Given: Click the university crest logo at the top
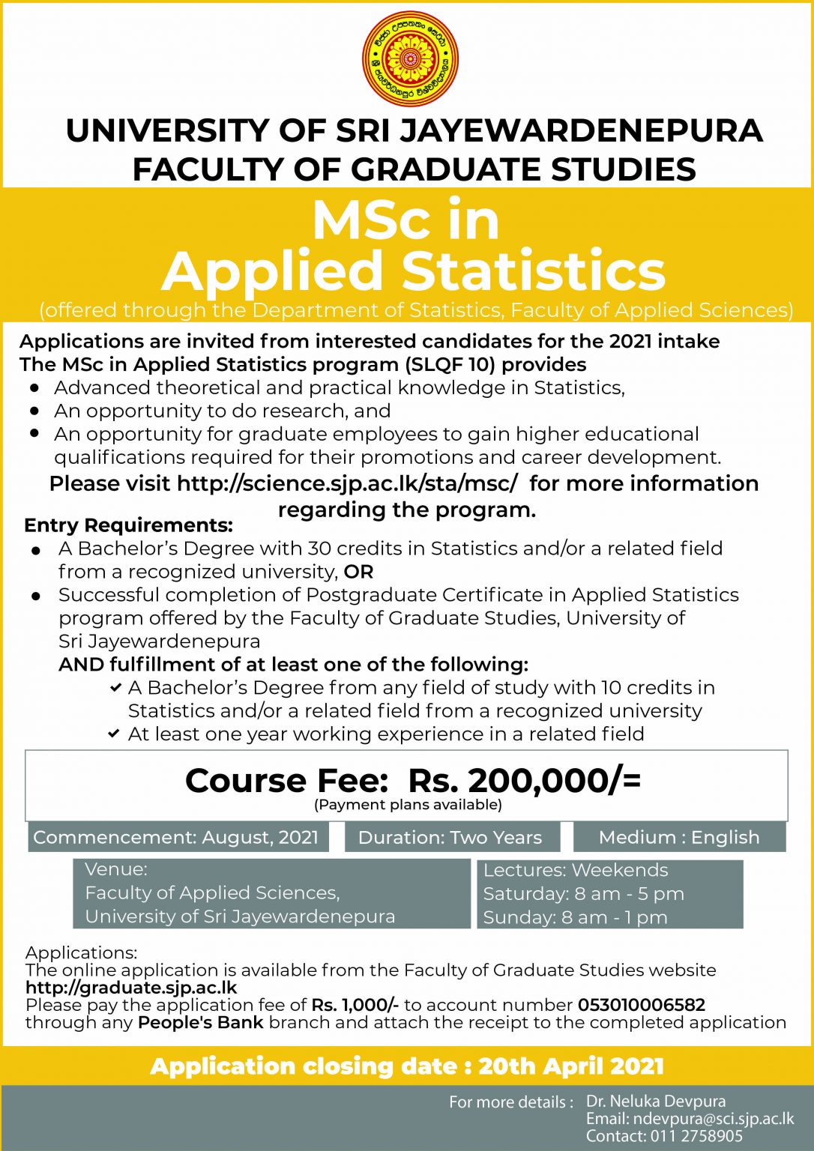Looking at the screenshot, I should click(x=410, y=58).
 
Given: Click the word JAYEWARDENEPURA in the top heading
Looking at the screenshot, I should click(x=581, y=130).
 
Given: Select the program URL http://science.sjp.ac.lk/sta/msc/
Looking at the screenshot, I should click(x=347, y=483).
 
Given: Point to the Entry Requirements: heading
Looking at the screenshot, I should click(x=128, y=525).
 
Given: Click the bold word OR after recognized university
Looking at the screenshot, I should click(x=358, y=572).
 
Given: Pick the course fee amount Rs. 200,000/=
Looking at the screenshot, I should click(x=525, y=780).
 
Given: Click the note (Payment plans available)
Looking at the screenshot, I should click(x=408, y=805).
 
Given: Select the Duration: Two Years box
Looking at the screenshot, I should click(x=450, y=837).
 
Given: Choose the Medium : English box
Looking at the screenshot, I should click(x=679, y=837).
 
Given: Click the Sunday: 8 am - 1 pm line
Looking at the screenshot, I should click(x=575, y=917).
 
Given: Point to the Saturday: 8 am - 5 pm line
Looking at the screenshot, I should click(x=583, y=893).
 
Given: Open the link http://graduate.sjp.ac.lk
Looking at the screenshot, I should click(x=131, y=988).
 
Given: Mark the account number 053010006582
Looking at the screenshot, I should click(x=642, y=1005).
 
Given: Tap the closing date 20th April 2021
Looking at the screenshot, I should click(x=571, y=1066).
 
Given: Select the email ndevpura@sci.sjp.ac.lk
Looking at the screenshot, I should click(x=713, y=1119).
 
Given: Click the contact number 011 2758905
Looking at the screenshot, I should click(x=696, y=1136).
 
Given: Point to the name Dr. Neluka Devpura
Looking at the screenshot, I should click(x=656, y=1101).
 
